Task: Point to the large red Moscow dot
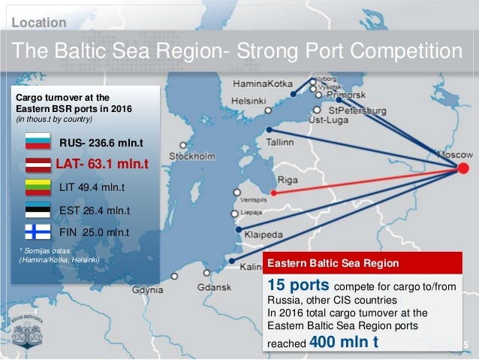(x=464, y=170)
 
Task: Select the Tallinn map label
(x=283, y=141)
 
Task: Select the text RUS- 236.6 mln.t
(x=101, y=143)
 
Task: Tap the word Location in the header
(x=39, y=23)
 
